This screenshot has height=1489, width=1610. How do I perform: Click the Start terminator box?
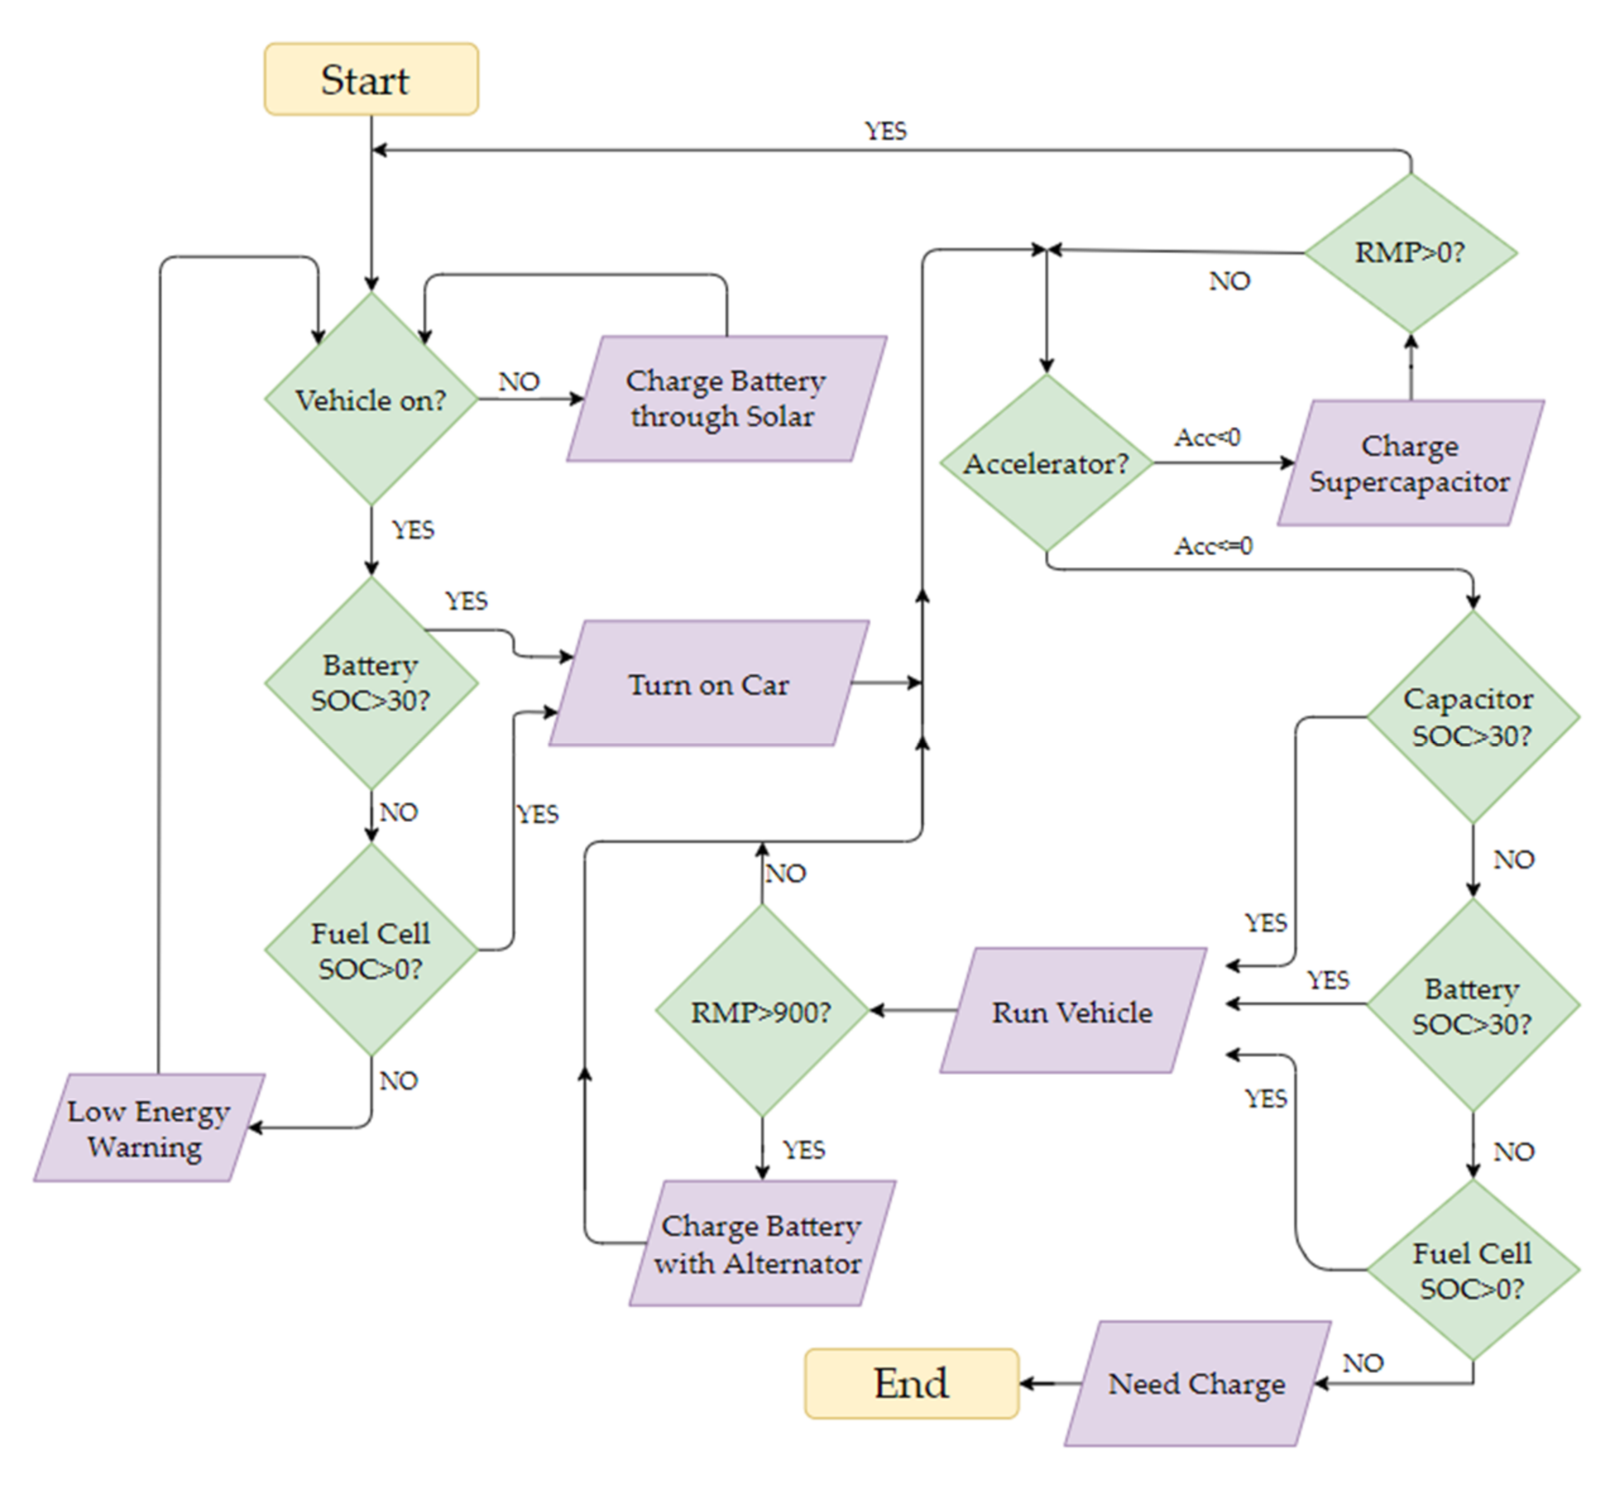pyautogui.click(x=372, y=79)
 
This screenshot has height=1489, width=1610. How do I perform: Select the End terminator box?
pyautogui.click(x=911, y=1383)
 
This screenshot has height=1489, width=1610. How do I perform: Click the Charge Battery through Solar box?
pyautogui.click(x=725, y=399)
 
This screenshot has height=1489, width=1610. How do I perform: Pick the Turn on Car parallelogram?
pyautogui.click(x=709, y=683)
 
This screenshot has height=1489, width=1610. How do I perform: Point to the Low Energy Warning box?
pyautogui.click(x=148, y=1128)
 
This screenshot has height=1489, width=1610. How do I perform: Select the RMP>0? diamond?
pyautogui.click(x=1410, y=252)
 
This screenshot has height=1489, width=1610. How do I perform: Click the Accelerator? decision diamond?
pyautogui.click(x=1046, y=463)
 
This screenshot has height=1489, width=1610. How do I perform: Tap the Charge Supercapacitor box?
pyautogui.click(x=1410, y=463)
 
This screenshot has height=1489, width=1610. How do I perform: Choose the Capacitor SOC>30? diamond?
pyautogui.click(x=1472, y=716)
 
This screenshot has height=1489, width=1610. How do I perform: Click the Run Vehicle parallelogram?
pyautogui.click(x=1072, y=1011)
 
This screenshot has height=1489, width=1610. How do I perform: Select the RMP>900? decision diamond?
pyautogui.click(x=762, y=1011)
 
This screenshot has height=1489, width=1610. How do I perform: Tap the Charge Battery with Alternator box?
pyautogui.click(x=761, y=1243)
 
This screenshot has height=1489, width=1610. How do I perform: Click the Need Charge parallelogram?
pyautogui.click(x=1196, y=1383)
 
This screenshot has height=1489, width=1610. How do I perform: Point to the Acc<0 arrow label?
pyautogui.click(x=1206, y=437)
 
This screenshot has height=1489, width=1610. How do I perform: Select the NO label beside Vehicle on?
pyautogui.click(x=519, y=381)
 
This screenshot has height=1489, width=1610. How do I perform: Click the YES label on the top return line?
pyautogui.click(x=885, y=131)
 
